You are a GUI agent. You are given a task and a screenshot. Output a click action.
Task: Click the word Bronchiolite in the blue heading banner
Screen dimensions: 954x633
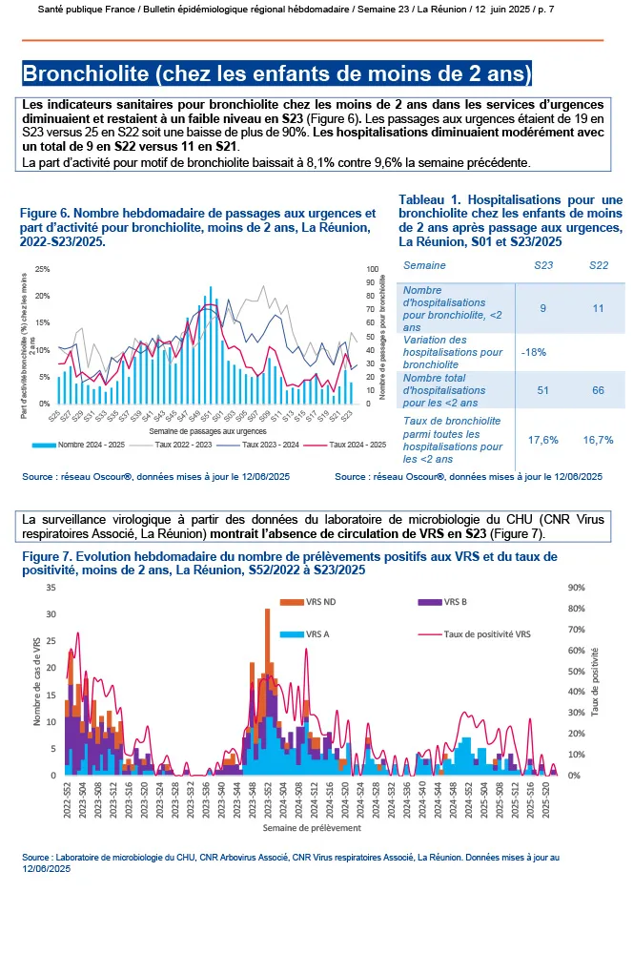point(81,73)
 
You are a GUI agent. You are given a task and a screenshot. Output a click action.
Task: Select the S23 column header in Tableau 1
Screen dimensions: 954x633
point(543,264)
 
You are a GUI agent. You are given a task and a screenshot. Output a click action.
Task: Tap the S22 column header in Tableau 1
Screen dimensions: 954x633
point(598,264)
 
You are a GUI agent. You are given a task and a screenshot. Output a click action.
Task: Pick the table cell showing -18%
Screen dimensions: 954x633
point(535,352)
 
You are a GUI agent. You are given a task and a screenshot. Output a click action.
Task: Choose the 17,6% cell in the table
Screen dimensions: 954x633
point(542,440)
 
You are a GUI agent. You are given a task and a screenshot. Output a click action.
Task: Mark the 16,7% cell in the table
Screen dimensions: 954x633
point(598,440)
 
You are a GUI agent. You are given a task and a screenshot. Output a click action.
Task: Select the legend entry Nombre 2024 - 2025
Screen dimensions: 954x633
point(84,445)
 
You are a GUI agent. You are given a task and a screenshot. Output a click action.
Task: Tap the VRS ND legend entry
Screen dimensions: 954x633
point(322,602)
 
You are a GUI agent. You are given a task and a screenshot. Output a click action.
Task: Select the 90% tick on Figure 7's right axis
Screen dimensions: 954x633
point(576,588)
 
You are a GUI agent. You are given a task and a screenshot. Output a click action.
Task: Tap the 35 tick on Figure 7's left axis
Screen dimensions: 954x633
point(51,588)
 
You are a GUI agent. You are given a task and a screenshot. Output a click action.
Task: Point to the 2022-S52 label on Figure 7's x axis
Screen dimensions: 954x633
point(68,797)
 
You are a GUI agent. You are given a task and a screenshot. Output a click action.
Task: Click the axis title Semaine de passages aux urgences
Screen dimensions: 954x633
point(194,432)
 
